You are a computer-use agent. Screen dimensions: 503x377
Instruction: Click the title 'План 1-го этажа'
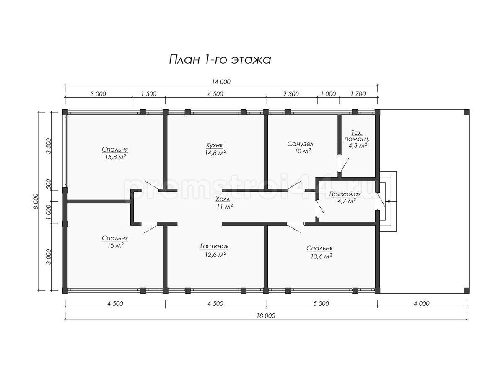pos(220,60)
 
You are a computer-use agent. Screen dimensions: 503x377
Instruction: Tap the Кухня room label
pos(214,145)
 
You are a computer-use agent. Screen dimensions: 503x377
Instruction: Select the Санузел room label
pos(301,144)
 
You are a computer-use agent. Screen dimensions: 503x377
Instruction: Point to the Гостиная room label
pos(214,246)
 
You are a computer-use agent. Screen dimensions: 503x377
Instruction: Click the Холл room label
pos(223,199)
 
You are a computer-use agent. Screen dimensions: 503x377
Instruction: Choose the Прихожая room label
pos(345,194)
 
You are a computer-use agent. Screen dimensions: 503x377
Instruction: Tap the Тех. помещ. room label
pos(357,136)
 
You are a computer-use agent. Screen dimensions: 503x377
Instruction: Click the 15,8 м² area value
pos(116,157)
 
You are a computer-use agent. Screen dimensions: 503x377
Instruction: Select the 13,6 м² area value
pos(321,256)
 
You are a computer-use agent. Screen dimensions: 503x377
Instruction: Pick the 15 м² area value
pos(116,245)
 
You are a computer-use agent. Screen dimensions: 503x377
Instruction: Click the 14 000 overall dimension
pos(221,82)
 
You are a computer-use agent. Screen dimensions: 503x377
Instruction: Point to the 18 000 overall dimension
pos(266,316)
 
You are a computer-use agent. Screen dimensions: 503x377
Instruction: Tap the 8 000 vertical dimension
pos(36,201)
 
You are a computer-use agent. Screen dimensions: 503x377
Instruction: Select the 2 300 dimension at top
pos(291,94)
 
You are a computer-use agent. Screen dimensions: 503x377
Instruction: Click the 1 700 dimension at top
pos(358,94)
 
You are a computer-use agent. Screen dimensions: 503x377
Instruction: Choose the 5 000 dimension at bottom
pos(321,304)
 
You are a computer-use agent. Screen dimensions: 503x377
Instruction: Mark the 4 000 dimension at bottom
pos(422,304)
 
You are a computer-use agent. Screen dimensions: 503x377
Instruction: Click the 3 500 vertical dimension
pos(49,146)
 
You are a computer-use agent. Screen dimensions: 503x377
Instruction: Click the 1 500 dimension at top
pos(149,94)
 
